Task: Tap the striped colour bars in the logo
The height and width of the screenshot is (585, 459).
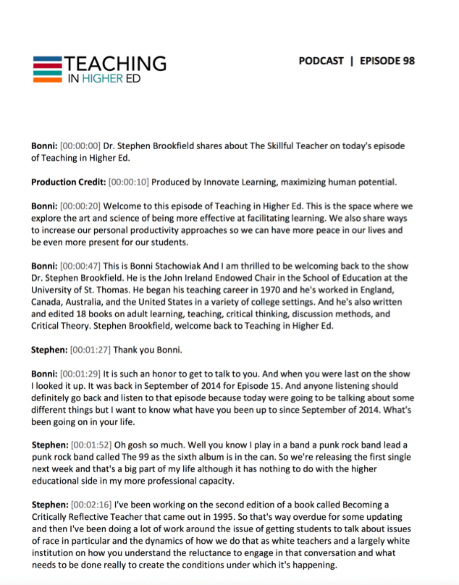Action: coord(47,67)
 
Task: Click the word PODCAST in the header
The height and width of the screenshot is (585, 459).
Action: coord(321,61)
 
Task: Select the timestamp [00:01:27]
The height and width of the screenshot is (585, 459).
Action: coord(94,349)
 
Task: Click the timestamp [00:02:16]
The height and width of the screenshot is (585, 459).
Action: coord(94,500)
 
